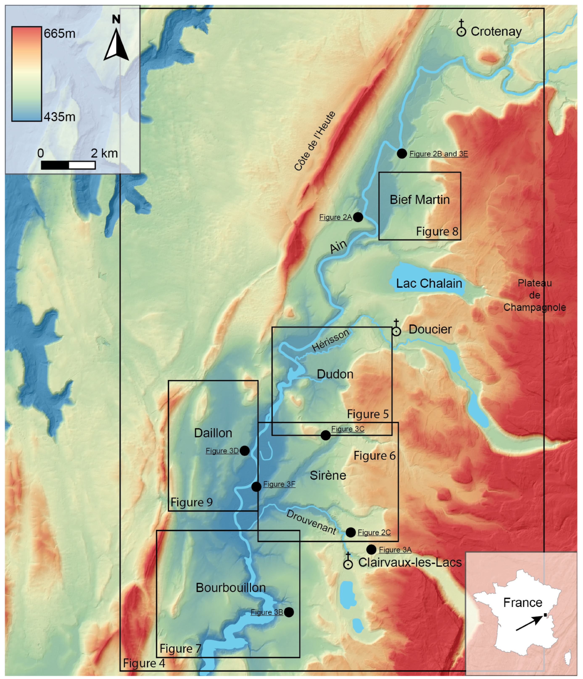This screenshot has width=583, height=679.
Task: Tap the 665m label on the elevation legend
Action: click(59, 33)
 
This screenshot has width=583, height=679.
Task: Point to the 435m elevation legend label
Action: click(59, 117)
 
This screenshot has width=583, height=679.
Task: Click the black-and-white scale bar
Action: click(68, 165)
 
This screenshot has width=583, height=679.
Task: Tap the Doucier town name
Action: click(430, 329)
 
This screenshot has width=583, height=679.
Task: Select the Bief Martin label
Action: click(420, 199)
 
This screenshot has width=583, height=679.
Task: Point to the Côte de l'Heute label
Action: click(315, 141)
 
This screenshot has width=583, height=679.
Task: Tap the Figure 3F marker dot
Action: click(256, 487)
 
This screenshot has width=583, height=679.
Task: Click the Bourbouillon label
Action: click(231, 587)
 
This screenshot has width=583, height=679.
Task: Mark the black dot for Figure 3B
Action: click(289, 612)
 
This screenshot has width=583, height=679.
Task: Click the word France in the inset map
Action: click(522, 602)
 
